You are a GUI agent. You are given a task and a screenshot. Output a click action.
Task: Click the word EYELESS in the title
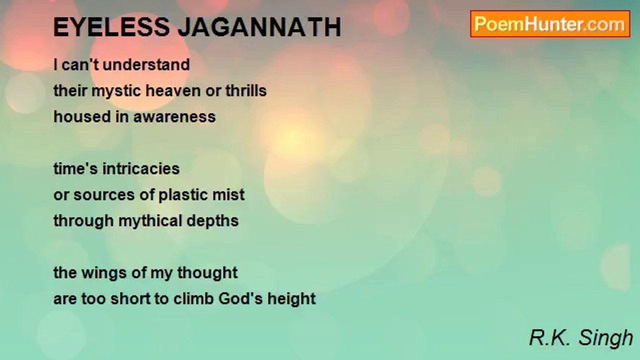(x=111, y=27)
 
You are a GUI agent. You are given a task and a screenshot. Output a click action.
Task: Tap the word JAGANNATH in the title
(x=259, y=27)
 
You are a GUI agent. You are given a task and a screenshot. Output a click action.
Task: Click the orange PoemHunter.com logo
(x=550, y=24)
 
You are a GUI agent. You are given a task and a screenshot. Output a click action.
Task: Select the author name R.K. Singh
(x=581, y=338)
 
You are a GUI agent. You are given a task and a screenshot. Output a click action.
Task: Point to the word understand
(x=146, y=64)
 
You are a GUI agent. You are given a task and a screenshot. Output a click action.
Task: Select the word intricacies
(x=141, y=169)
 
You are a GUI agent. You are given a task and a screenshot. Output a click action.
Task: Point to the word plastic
(x=183, y=195)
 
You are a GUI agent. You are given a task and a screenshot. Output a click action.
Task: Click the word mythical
(x=150, y=221)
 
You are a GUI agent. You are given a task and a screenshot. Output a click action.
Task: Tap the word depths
(x=212, y=221)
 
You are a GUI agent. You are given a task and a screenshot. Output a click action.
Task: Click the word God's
(x=240, y=298)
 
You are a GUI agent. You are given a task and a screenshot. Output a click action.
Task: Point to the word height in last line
(x=291, y=299)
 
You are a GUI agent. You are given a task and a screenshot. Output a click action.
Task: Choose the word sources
(x=104, y=195)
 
